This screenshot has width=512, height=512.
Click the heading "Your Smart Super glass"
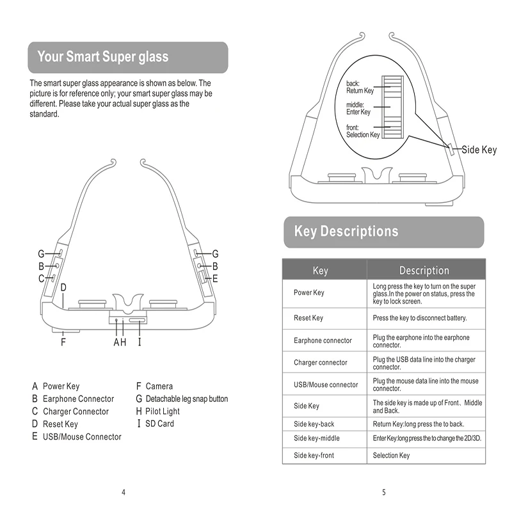(x=103, y=57)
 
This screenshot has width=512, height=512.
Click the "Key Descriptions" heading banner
(x=346, y=232)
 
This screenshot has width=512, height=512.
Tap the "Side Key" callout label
(x=479, y=150)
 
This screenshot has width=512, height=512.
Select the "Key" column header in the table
(x=320, y=270)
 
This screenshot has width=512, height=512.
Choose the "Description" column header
(x=424, y=270)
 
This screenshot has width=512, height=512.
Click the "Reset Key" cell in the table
(x=308, y=318)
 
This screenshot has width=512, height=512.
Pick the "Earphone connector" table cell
(x=323, y=340)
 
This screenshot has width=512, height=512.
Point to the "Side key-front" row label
(x=314, y=456)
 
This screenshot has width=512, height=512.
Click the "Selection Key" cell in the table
(x=391, y=456)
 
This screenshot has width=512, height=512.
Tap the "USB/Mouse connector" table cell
(x=326, y=385)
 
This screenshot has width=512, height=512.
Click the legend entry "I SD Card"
(x=156, y=424)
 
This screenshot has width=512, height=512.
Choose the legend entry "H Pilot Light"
(x=158, y=412)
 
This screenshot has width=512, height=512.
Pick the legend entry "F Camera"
(x=155, y=387)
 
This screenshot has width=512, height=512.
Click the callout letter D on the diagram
(x=63, y=287)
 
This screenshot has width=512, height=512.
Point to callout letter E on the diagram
(x=215, y=278)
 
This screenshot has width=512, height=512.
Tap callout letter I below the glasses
(x=139, y=342)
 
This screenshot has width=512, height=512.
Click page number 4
(x=124, y=492)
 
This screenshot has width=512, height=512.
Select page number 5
(x=383, y=492)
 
